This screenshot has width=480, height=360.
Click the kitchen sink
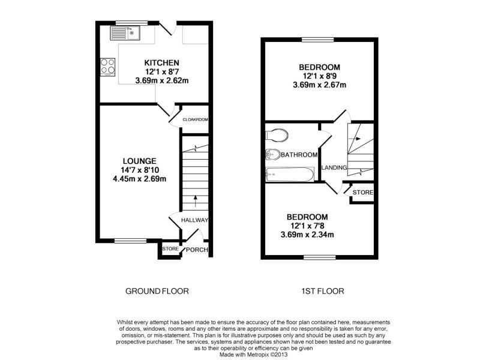click(125, 33)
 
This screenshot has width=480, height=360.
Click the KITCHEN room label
click(161, 63)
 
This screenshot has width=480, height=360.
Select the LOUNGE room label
click(140, 161)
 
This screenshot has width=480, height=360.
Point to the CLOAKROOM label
click(195, 119)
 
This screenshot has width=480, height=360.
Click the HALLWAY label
click(194, 220)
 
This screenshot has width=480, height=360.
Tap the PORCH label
click(197, 250)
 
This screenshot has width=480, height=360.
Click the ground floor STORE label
click(170, 249)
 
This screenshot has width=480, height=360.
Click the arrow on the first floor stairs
click(354, 139)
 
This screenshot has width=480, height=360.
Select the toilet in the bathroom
click(277, 135)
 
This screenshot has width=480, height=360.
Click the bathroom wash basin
click(273, 155)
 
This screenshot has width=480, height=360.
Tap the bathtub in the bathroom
click(290, 174)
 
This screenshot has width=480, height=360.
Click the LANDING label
click(334, 168)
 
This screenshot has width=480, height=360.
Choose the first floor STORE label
click(363, 192)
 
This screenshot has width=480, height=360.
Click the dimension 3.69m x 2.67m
click(320, 85)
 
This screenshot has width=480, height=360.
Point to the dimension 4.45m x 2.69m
click(140, 179)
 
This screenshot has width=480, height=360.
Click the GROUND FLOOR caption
click(157, 291)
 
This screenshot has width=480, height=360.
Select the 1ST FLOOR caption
click(323, 291)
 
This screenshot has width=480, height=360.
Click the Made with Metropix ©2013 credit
click(253, 355)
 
